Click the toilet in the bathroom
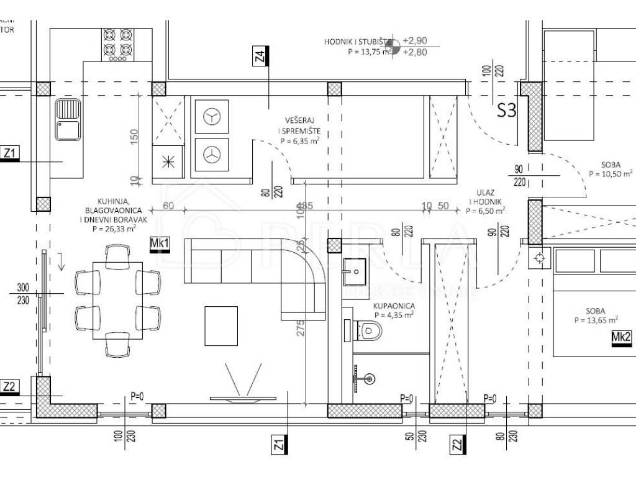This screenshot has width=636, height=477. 370,330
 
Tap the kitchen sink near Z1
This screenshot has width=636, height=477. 67,120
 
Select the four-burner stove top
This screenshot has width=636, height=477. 117,45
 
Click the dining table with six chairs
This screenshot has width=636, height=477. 117,301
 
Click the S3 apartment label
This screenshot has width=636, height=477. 507,111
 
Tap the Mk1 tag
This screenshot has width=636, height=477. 160,244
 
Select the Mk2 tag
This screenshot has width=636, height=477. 621,337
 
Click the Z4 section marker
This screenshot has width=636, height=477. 261,56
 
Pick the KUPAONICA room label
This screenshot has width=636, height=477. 394,306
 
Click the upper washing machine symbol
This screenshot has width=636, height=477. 212,117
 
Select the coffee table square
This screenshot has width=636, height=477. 221,325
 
